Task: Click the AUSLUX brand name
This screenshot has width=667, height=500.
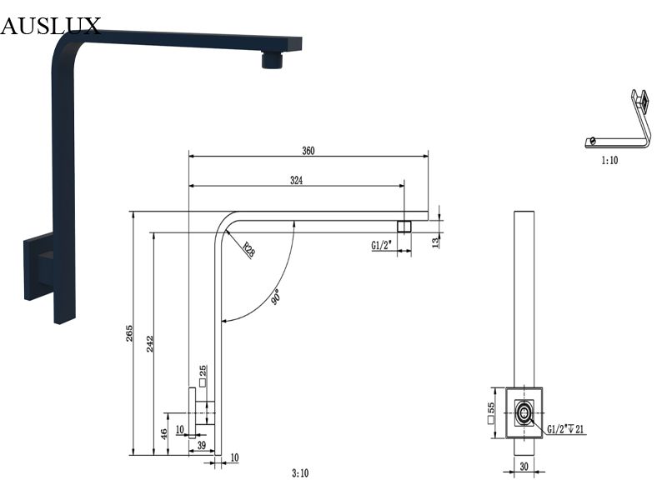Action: point(50,26)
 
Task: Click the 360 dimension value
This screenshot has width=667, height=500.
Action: point(308,151)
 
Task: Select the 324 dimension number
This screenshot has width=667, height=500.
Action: point(297,180)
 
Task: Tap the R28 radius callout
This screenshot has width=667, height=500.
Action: point(248,249)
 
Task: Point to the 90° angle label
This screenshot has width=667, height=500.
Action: point(276,297)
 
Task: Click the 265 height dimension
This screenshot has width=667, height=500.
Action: point(129,332)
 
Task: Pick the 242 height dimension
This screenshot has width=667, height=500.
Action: point(150,344)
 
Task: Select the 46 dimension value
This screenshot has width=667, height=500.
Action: point(164,434)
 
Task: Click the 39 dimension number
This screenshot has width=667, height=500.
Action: point(202,445)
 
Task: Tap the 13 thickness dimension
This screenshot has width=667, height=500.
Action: point(434,242)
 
